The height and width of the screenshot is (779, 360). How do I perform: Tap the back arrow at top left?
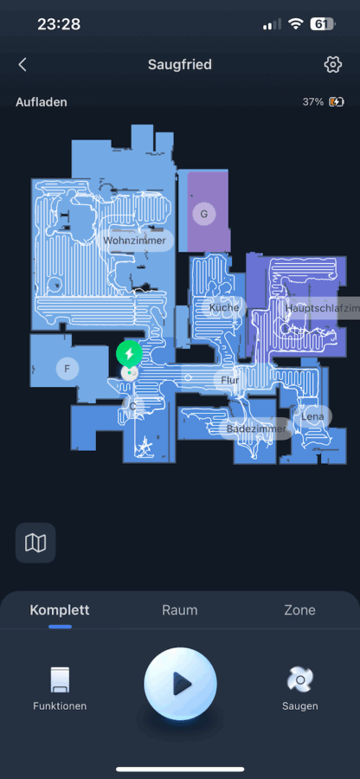pyautogui.click(x=22, y=65)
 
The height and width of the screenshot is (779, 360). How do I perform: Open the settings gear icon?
pyautogui.click(x=332, y=65)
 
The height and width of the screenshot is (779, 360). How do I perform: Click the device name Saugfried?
pyautogui.click(x=180, y=65)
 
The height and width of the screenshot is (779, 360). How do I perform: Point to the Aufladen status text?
pyautogui.click(x=42, y=102)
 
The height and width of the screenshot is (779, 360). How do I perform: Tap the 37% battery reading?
pyautogui.click(x=312, y=102)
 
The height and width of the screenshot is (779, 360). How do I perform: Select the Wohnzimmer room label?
pyautogui.click(x=134, y=241)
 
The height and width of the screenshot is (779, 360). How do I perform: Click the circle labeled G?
pyautogui.click(x=203, y=214)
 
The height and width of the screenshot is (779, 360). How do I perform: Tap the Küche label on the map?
pyautogui.click(x=224, y=307)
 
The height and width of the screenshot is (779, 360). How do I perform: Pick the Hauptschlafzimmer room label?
pyautogui.click(x=321, y=308)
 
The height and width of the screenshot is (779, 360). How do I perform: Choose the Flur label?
pyautogui.click(x=230, y=380)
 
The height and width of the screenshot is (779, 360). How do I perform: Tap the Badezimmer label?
pyautogui.click(x=257, y=428)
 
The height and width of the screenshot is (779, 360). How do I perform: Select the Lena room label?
pyautogui.click(x=312, y=416)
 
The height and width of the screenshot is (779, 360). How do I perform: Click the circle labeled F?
pyautogui.click(x=67, y=369)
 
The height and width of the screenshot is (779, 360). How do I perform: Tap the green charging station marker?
pyautogui.click(x=129, y=354)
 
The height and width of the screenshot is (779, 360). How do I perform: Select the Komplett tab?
pyautogui.click(x=60, y=610)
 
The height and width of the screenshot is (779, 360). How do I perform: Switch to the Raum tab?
pyautogui.click(x=180, y=610)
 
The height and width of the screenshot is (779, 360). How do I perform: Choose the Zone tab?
pyautogui.click(x=299, y=610)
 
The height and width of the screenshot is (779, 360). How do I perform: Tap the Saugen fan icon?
pyautogui.click(x=300, y=679)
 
